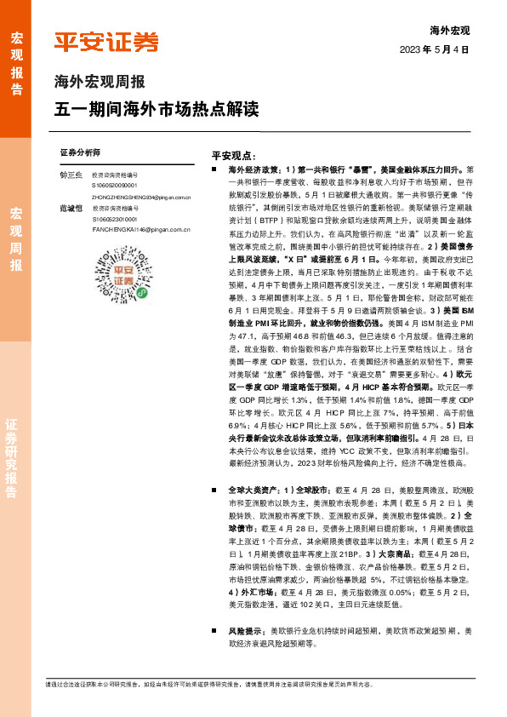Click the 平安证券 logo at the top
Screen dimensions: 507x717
(x=107, y=41)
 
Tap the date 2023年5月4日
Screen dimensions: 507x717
(x=434, y=50)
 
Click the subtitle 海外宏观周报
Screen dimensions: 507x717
(x=100, y=83)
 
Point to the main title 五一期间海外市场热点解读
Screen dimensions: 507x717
(x=156, y=110)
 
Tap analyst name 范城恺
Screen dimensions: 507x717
(x=70, y=208)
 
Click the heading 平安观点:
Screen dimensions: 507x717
(x=234, y=156)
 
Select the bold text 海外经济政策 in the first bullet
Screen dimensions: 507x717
(x=254, y=170)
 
